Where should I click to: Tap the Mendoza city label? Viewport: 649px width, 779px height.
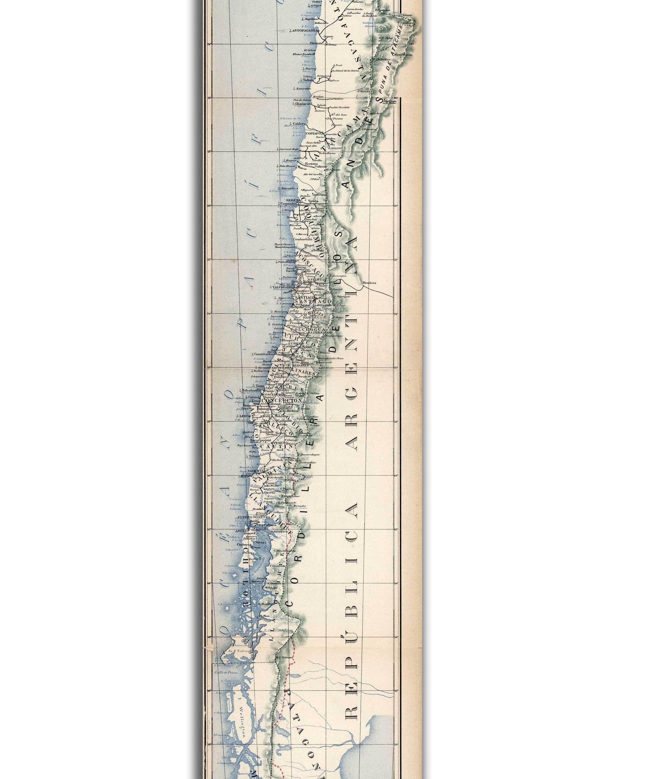click(x=369, y=283)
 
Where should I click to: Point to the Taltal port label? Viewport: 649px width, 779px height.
click(x=307, y=79)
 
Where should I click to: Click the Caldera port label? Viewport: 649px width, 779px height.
click(x=299, y=123)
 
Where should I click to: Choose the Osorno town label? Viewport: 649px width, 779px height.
click(x=270, y=492)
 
